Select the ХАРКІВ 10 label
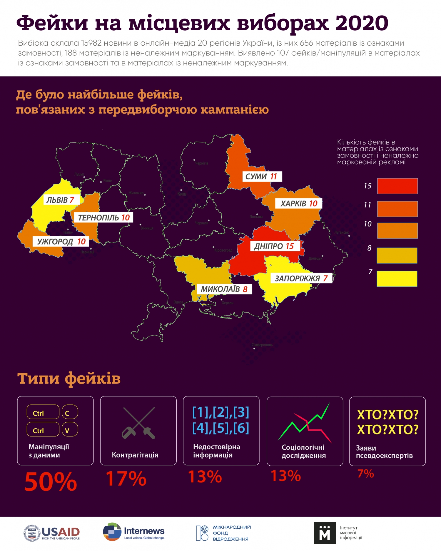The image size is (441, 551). point(299,203)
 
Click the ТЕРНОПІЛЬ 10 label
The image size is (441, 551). point(104,218)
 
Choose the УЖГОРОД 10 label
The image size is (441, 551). point(61,242)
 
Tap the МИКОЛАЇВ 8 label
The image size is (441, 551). point(224,289)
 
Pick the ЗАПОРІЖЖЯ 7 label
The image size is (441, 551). point(301,278)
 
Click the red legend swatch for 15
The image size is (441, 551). point(397,186)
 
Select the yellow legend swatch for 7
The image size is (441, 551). point(397,278)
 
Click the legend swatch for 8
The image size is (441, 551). point(397,255)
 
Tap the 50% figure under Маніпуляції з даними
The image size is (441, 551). point(51,482)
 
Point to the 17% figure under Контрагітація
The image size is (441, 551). point(126,479)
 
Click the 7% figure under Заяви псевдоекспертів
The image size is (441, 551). point(365,474)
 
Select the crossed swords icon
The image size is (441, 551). point(138,423)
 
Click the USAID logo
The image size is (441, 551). point(52,533)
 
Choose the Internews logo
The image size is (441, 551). point(134,532)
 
